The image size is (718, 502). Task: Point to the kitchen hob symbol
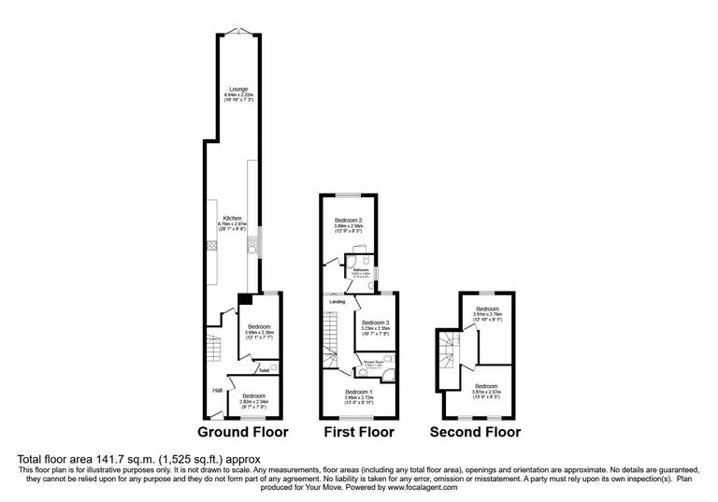point(211,245)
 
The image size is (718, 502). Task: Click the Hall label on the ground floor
point(216,390)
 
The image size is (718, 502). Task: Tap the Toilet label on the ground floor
point(265,370)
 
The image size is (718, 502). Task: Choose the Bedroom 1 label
point(359,391)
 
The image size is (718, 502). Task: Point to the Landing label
point(335,301)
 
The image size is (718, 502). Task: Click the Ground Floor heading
point(242,433)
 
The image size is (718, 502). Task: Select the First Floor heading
point(359,433)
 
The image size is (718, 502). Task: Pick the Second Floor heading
point(475,433)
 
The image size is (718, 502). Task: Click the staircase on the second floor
point(448,355)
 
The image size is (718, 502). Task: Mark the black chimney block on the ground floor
point(244,299)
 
